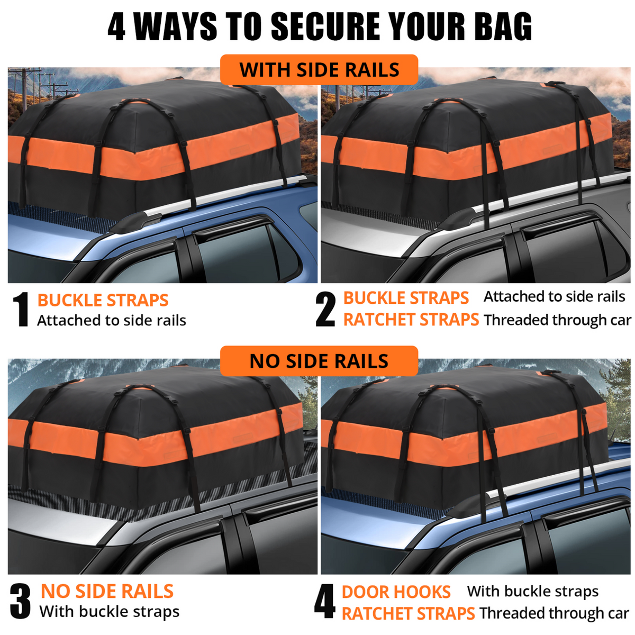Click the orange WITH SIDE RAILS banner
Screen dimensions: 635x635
(319, 69)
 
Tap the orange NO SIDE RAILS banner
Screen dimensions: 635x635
(319, 361)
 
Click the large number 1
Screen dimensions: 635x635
(21, 310)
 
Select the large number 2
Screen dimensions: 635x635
(325, 310)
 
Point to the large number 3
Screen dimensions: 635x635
(21, 601)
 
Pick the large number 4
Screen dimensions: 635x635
(324, 601)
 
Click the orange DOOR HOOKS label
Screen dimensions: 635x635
(396, 592)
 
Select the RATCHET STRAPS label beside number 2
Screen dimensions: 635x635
(411, 320)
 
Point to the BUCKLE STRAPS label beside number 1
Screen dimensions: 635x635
(103, 300)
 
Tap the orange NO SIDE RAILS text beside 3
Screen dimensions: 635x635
(107, 591)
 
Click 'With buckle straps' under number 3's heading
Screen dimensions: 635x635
(110, 612)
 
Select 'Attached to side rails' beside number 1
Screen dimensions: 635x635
(111, 320)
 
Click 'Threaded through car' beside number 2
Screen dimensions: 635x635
(557, 320)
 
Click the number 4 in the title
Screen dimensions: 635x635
(116, 26)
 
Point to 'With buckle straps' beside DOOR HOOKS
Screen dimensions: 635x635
(532, 592)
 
